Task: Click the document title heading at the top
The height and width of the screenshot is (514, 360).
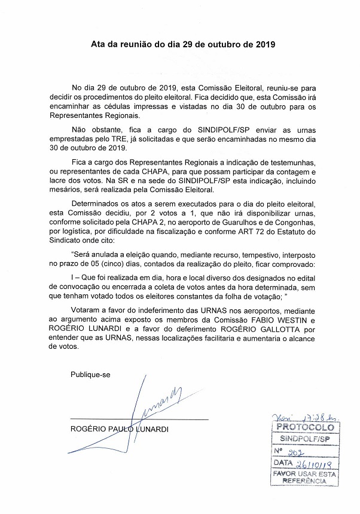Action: (180, 44)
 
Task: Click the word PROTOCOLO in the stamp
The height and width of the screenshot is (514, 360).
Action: (304, 428)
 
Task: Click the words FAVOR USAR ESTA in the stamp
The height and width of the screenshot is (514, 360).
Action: (303, 473)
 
